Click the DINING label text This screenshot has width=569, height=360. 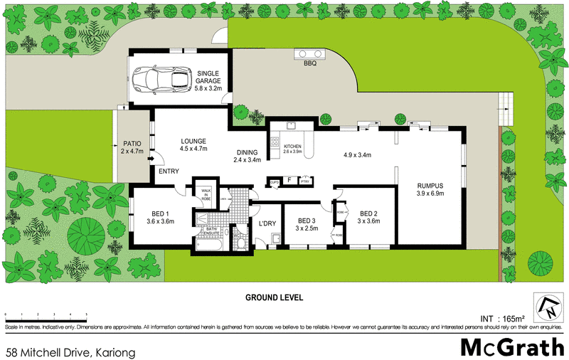[x=248, y=152]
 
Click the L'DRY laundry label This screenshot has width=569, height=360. [x=267, y=224]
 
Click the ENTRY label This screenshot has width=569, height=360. [x=169, y=171]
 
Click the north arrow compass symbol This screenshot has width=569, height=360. [x=548, y=307]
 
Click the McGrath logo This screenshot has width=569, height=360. [x=511, y=347]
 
